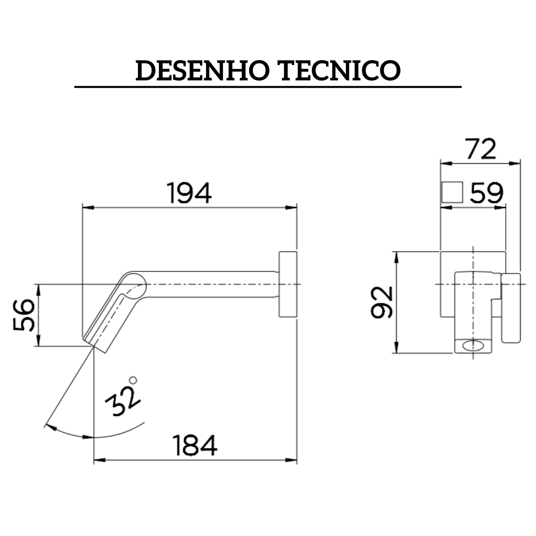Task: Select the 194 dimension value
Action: [189, 194]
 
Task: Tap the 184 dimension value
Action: [195, 445]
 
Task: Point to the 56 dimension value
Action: [24, 315]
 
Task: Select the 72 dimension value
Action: [480, 148]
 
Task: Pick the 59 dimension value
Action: [487, 194]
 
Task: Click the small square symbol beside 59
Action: [452, 193]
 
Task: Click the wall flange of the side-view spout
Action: [287, 284]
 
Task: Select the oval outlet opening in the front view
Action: [473, 345]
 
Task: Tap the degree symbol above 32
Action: [133, 380]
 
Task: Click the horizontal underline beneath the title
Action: [268, 87]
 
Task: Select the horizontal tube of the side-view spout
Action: [208, 284]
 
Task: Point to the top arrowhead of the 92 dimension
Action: [396, 256]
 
